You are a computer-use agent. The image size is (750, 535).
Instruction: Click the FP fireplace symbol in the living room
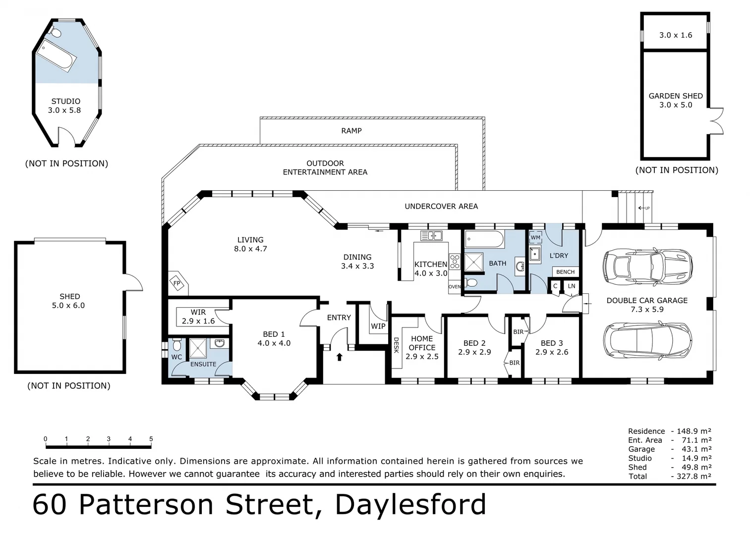coord(177,283)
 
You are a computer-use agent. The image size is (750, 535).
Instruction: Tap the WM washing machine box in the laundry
coord(535,237)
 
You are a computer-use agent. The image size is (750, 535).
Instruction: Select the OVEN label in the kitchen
coord(455,286)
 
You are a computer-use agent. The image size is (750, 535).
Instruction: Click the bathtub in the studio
coord(56,55)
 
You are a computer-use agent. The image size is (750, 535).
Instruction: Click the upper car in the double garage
coord(647,267)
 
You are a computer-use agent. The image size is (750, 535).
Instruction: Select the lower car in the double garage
coord(647,340)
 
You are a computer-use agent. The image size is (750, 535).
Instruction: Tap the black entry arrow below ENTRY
coord(339,357)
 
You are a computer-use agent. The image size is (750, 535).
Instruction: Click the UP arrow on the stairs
coord(644,208)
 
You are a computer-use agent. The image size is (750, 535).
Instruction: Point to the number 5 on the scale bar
coord(151,438)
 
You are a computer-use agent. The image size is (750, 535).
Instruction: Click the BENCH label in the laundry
coord(565,271)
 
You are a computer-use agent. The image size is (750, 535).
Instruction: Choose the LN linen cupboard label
coord(571,286)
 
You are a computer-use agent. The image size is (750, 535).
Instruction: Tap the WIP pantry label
coord(378,326)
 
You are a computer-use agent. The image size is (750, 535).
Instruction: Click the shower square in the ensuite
coord(198,348)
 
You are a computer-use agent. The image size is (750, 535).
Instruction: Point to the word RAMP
coord(351,130)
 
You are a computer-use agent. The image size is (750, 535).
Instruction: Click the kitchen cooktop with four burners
coord(455,262)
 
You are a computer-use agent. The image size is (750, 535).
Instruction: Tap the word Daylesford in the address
coord(410,505)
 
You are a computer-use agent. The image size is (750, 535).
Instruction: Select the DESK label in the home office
coord(397,345)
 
